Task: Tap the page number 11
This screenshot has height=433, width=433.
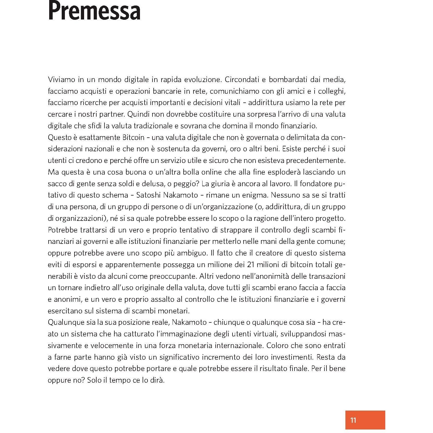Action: click(x=353, y=420)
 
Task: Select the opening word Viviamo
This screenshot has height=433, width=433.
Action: click(x=61, y=79)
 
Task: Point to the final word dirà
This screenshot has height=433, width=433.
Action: click(x=158, y=380)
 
